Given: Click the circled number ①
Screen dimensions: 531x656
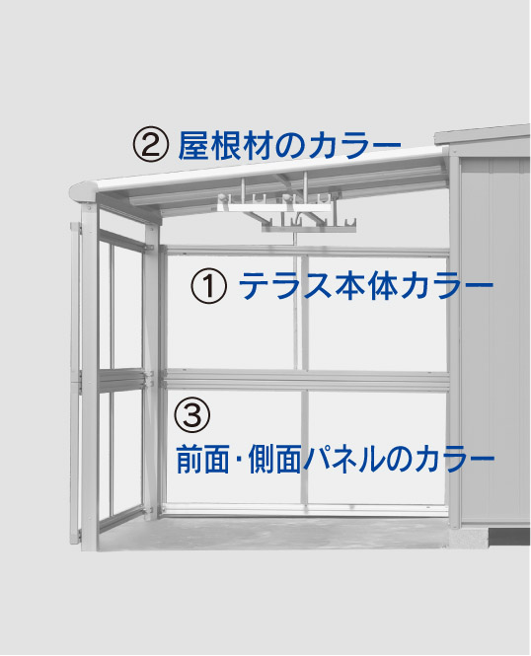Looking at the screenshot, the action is coord(209,286).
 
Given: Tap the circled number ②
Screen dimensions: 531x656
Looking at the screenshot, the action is coord(151,144).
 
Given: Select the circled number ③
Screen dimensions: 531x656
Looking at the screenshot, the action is coord(192,414).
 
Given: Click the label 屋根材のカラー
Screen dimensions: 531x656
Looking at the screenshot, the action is coord(289,145).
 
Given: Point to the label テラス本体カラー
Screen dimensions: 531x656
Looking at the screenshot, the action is coord(366,286).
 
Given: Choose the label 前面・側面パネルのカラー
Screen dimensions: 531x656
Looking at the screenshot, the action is coord(336,459).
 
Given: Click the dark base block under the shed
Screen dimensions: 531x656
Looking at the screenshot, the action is coord(509,537).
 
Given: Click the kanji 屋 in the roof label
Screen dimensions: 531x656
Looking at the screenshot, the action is coord(193,145).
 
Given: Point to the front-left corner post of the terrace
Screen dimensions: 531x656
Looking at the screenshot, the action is coord(89,377).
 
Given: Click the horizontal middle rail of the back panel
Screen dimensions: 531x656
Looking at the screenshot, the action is coord(305,380).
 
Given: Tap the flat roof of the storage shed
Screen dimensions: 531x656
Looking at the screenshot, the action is coord(482,134).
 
